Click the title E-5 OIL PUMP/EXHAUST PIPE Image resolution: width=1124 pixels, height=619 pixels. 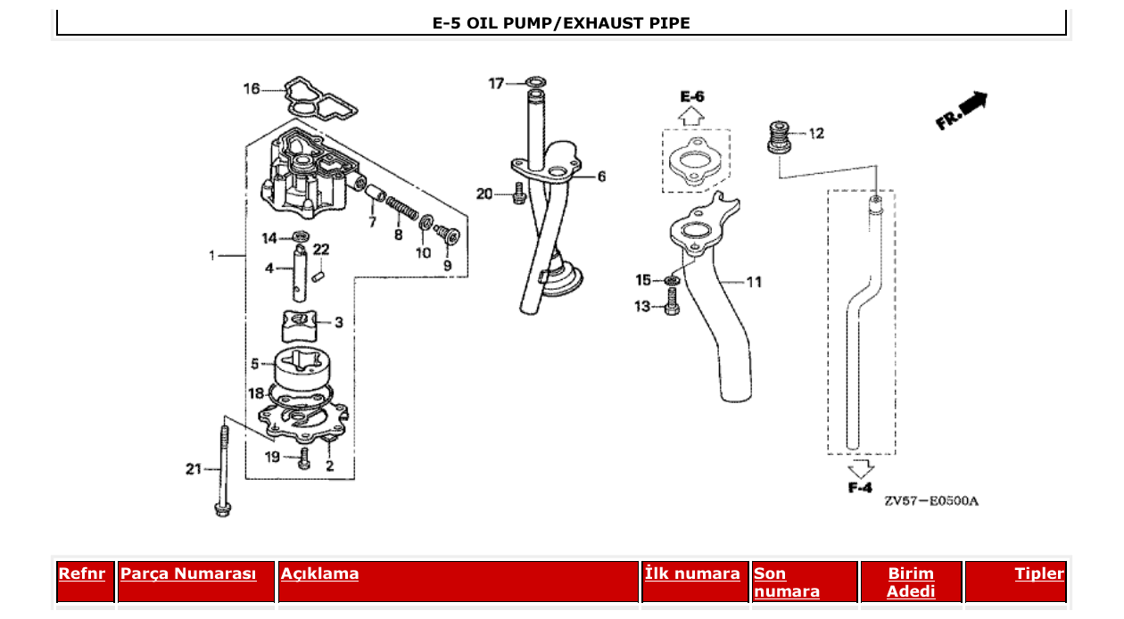pyautogui.click(x=561, y=23)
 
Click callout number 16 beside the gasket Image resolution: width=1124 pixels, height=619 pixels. pyautogui.click(x=252, y=88)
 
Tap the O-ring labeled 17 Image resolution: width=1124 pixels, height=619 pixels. pyautogui.click(x=533, y=84)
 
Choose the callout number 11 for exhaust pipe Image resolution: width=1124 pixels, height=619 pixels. pyautogui.click(x=754, y=282)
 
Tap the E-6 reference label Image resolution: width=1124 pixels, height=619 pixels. pyautogui.click(x=691, y=96)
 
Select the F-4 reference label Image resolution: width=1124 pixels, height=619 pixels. pyautogui.click(x=860, y=487)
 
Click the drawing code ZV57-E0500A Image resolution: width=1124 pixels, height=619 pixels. pyautogui.click(x=931, y=501)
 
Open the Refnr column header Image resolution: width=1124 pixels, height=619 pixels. pyautogui.click(x=81, y=574)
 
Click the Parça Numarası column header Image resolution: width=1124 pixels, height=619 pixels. pyautogui.click(x=188, y=574)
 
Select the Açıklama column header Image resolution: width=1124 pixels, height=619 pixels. pyautogui.click(x=319, y=574)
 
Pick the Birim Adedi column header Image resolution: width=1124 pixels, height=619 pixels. pyautogui.click(x=911, y=582)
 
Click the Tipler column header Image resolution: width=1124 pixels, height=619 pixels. pyautogui.click(x=1039, y=574)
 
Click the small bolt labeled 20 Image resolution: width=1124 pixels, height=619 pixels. pyautogui.click(x=518, y=194)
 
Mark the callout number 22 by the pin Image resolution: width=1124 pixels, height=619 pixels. pyautogui.click(x=320, y=249)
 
